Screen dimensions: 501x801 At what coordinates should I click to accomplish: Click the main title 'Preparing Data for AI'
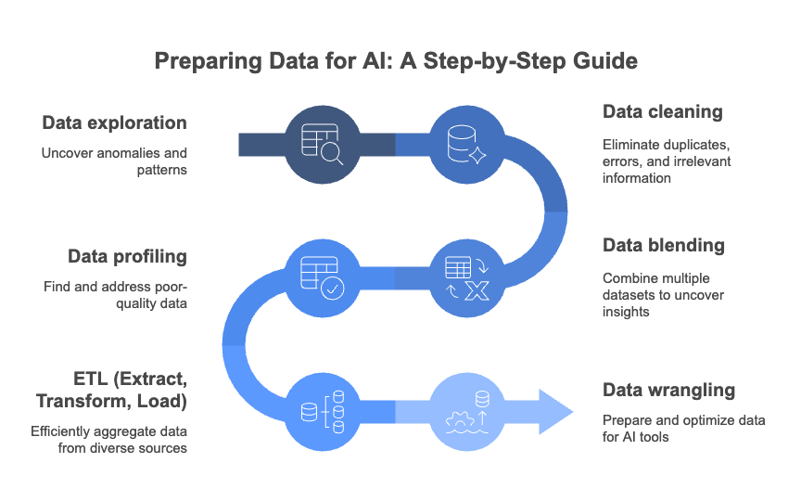396,62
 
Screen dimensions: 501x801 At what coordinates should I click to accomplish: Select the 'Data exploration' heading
114,122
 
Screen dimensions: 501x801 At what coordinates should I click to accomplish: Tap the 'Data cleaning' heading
662,111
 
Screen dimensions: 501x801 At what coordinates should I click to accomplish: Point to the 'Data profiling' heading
127,256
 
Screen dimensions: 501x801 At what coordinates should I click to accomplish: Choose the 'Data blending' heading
664,246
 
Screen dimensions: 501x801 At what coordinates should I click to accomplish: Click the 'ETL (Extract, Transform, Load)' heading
111,391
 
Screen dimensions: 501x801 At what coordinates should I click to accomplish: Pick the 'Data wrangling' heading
668,390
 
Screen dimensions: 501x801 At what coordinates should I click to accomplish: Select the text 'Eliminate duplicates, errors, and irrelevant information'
667,161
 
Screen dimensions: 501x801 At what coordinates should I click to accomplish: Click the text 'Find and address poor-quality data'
115,295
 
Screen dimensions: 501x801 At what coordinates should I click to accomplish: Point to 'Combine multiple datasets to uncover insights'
663,295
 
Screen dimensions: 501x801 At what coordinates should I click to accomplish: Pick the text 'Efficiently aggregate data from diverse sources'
108,440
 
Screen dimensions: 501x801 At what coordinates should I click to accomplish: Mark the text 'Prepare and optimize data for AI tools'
683,429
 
